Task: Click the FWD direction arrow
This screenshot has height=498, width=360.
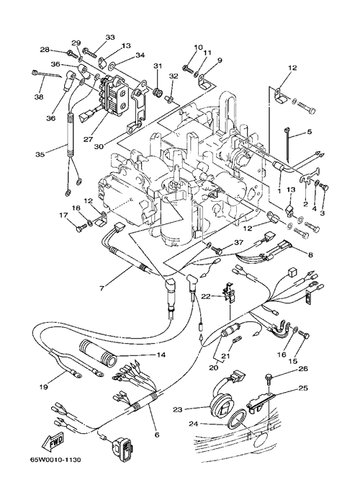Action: (53, 442)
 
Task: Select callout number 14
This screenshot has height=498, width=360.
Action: (161, 355)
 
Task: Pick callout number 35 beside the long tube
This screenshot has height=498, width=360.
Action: (40, 154)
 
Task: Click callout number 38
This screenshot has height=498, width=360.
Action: (39, 97)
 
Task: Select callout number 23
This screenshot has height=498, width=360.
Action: (178, 409)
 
